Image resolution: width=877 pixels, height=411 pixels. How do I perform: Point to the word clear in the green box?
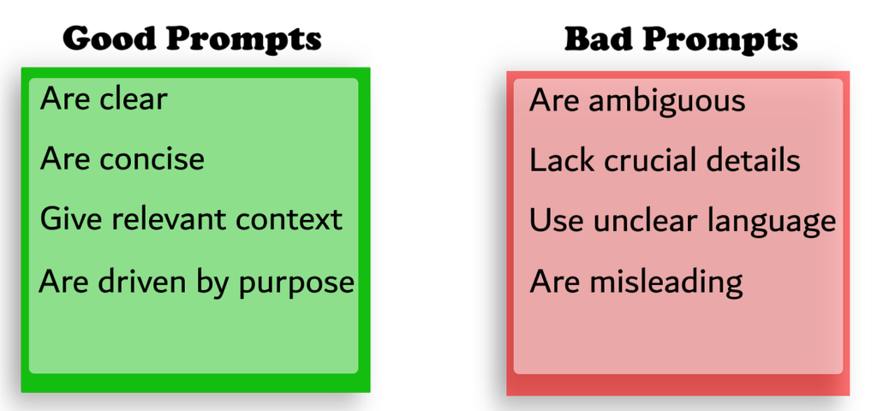coord(133,99)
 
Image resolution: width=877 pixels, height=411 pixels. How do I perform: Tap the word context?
coord(289,219)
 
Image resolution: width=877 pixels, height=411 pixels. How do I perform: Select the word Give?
coord(65,218)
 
